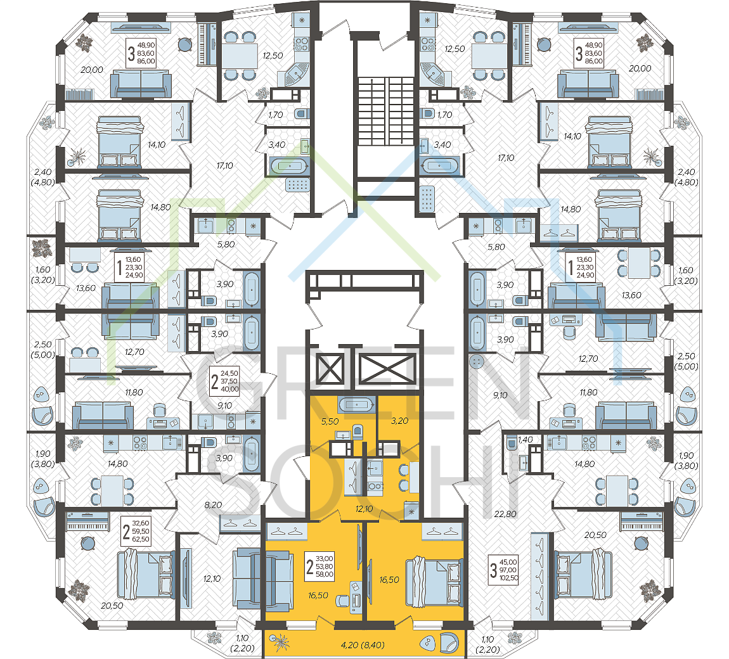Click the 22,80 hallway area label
click(505, 514)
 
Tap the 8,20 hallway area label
click(213, 505)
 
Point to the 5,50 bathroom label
click(330, 421)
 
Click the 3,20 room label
click(399, 421)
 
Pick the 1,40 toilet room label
click(525, 440)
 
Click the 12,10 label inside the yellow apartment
click(364, 509)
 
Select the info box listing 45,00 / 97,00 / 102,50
click(503, 570)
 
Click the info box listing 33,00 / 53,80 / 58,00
click(319, 566)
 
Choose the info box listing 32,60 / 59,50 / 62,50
click(136, 531)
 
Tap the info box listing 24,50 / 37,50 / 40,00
click(224, 381)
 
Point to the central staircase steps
click(386, 111)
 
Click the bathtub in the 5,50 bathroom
click(356, 405)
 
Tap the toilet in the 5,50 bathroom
click(357, 431)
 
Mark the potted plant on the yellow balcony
click(280, 643)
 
